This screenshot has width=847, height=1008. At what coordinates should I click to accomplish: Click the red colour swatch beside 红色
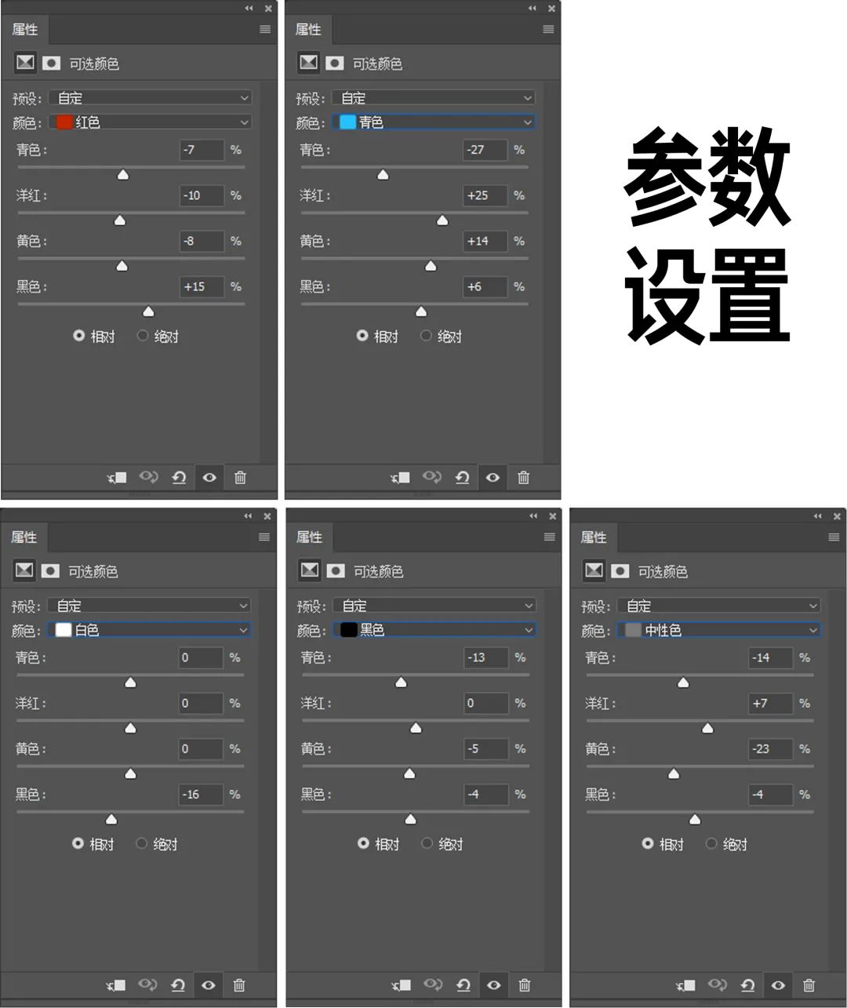pyautogui.click(x=64, y=122)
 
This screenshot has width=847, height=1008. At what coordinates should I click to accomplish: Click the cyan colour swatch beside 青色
pyautogui.click(x=347, y=122)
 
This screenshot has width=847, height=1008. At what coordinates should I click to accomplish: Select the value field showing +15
pyautogui.click(x=201, y=287)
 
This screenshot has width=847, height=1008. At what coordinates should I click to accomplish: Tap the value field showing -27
pyautogui.click(x=484, y=150)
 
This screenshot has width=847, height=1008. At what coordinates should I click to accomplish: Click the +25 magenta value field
pyautogui.click(x=484, y=195)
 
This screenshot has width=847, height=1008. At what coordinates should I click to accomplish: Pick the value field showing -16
pyautogui.click(x=200, y=795)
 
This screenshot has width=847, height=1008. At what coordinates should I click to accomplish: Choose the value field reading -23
pyautogui.click(x=769, y=749)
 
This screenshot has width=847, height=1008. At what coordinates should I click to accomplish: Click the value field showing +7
pyautogui.click(x=769, y=704)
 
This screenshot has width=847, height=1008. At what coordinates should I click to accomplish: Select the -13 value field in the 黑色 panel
pyautogui.click(x=485, y=658)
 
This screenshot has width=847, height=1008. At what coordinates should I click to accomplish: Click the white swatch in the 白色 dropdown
pyautogui.click(x=64, y=630)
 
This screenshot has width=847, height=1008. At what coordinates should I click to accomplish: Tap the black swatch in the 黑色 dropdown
pyautogui.click(x=349, y=630)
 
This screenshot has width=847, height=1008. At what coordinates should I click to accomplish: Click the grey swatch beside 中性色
pyautogui.click(x=633, y=630)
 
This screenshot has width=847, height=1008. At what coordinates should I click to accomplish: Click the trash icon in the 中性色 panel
pyautogui.click(x=809, y=985)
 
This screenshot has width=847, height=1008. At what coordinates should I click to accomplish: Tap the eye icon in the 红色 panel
pyautogui.click(x=209, y=477)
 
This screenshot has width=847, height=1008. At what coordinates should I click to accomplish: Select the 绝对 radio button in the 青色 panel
pyautogui.click(x=426, y=336)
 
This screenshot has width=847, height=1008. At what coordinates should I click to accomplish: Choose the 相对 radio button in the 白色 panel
pyautogui.click(x=78, y=843)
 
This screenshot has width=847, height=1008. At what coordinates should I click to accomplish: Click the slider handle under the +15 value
pyautogui.click(x=148, y=311)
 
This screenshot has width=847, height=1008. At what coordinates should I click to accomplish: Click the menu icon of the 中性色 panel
pyautogui.click(x=834, y=537)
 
